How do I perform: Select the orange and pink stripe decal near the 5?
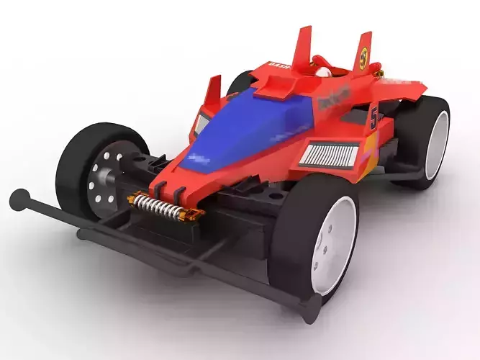pyautogui.click(x=367, y=155)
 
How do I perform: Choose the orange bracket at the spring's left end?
pyautogui.click(x=134, y=197)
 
